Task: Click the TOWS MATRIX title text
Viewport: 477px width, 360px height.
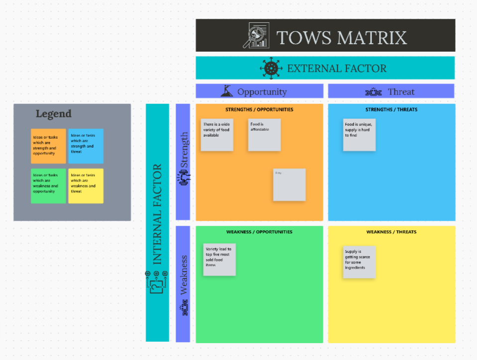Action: (341, 37)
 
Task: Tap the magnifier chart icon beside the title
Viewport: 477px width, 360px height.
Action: (256, 35)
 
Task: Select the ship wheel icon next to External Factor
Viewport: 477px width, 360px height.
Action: (271, 68)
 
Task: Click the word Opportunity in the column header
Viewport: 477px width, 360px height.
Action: (262, 91)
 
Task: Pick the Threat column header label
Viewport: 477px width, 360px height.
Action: (401, 91)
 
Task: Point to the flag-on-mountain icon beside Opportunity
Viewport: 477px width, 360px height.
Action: (227, 91)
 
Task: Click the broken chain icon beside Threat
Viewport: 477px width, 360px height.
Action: (373, 91)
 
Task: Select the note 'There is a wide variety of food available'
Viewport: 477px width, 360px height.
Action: (217, 135)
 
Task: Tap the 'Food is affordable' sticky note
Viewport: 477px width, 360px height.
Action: (264, 135)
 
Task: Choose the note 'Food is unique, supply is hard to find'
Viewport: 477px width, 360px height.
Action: (359, 135)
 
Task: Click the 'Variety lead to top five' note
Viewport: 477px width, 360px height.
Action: (219, 260)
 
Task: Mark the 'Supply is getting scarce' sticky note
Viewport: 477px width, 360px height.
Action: (359, 262)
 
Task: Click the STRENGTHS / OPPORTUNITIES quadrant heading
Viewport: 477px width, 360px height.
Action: (259, 109)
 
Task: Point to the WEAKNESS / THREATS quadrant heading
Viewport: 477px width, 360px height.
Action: (391, 232)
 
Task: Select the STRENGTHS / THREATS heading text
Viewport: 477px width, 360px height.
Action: (391, 109)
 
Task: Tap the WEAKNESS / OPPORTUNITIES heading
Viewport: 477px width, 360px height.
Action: (259, 232)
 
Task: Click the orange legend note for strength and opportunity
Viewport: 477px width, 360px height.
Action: (48, 146)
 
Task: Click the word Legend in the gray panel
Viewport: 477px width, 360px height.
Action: (53, 114)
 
